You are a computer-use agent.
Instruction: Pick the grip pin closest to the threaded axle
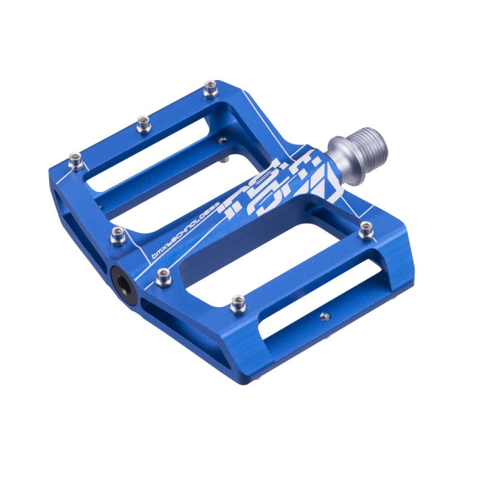[x=366, y=229]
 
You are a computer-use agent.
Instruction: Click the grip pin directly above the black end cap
[x=118, y=236]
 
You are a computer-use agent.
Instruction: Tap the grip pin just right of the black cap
[x=163, y=276]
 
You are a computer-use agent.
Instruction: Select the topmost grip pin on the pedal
[x=210, y=90]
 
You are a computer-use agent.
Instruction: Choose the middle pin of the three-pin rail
[x=143, y=124]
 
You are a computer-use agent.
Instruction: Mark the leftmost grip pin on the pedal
[x=75, y=160]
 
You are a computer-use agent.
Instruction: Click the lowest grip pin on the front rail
[x=238, y=305]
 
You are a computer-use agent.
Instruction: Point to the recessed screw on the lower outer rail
[x=324, y=316]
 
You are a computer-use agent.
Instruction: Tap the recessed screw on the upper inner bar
[x=222, y=140]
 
